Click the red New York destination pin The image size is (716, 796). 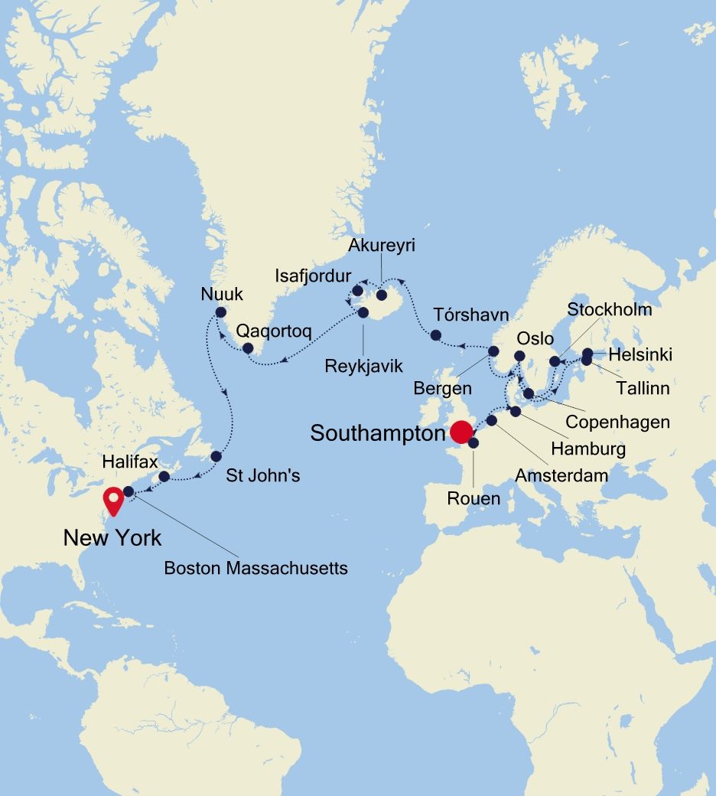pos(114,501)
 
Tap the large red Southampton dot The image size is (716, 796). pos(461,432)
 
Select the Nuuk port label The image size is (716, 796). pos(221,293)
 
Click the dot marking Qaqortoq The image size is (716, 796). pos(248,348)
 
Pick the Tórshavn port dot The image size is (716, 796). pos(436,334)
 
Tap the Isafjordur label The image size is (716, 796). pos(314,276)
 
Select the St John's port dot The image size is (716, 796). pos(216,456)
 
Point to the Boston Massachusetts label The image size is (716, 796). pos(256,568)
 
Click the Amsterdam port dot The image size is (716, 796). pos(492,420)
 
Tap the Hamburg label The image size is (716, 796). pos(588,449)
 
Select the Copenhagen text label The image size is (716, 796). pos(617,422)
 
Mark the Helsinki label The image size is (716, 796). pos(640,354)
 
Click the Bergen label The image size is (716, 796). pos(443,388)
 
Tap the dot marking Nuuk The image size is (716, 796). pos(221,312)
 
